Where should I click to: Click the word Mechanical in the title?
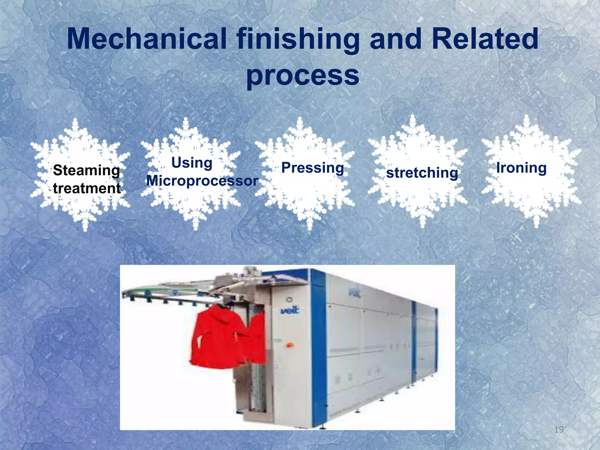pos(147,39)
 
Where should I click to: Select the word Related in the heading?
pos(485,39)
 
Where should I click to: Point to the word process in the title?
pos(303,76)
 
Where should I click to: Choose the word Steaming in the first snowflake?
pos(86,171)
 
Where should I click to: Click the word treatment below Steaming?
pos(87,188)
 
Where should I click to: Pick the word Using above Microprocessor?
pos(192,163)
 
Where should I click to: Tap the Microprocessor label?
pos(202,180)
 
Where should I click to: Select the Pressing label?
pos(313,168)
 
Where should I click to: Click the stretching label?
pos(422,173)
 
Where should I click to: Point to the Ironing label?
pos(521,168)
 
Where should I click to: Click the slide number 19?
pos(559,429)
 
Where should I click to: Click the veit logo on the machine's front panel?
pos(290,310)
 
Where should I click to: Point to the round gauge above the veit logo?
pos(289,299)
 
